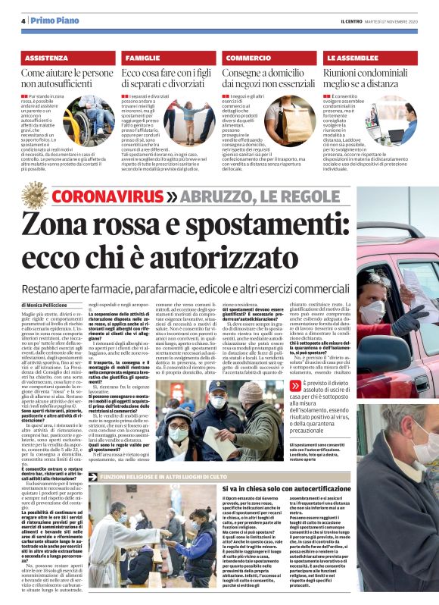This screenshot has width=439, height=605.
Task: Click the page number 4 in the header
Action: tap(24, 20)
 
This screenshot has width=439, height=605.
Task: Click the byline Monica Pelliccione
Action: tap(52, 304)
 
